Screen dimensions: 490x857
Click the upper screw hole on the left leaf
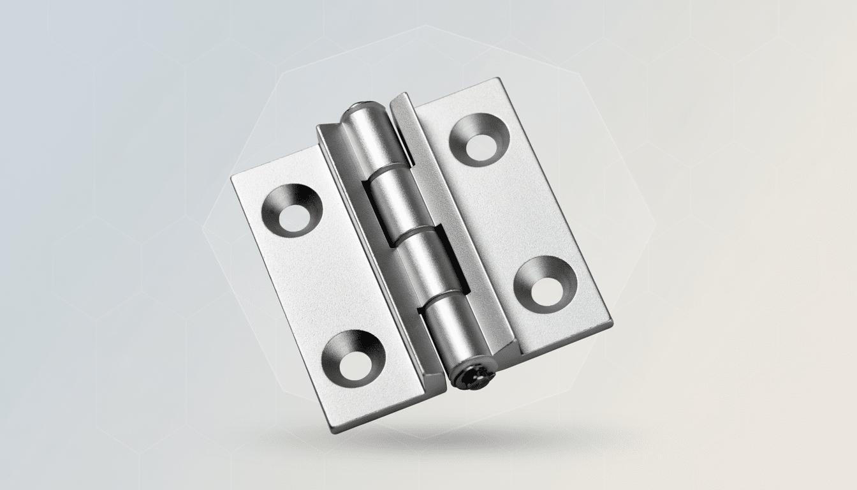[292, 212]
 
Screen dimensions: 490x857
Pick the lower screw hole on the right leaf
[545, 285]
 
